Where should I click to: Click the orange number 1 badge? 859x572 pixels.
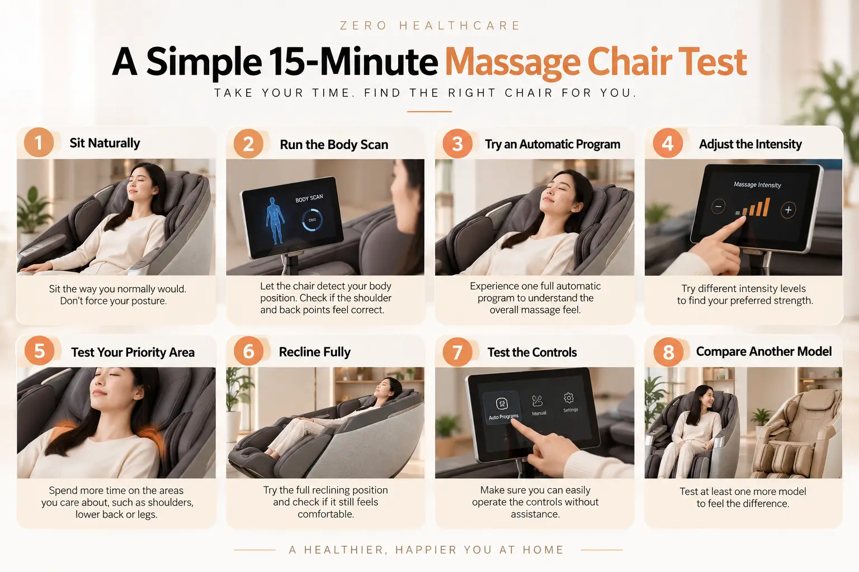39,142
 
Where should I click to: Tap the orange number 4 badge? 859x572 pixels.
668,144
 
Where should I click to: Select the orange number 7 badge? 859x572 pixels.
457,352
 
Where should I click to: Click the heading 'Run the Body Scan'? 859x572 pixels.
334,145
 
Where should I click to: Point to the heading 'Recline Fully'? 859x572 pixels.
314,352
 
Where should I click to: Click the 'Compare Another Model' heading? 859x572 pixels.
763,351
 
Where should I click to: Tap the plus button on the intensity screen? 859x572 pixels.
788,209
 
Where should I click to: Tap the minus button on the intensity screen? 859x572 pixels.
718,207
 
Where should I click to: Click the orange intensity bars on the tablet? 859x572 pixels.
753,207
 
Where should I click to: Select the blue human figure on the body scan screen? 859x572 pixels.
275,220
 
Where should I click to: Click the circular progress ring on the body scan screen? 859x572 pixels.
311,220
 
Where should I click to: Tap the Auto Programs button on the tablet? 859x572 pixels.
502,407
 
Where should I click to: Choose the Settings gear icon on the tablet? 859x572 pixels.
569,398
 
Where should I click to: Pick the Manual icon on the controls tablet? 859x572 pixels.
537,401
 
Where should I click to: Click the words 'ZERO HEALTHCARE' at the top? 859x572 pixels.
430,26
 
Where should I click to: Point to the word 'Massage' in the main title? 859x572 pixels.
512,63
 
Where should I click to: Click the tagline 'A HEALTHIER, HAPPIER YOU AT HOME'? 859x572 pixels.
426,550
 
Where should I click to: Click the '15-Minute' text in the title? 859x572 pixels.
353,61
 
